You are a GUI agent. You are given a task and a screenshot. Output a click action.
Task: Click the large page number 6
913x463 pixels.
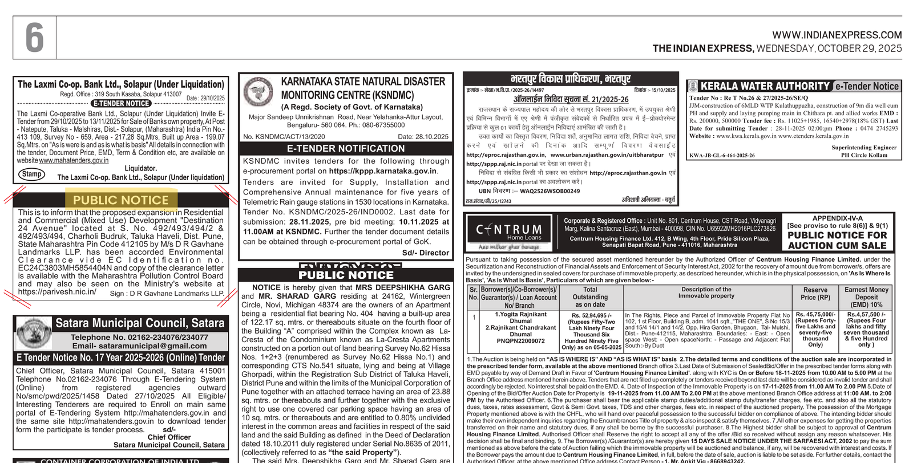pyautogui.click(x=35, y=38)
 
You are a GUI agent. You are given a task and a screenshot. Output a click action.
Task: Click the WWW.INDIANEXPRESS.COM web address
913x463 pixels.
pyautogui.click(x=837, y=35)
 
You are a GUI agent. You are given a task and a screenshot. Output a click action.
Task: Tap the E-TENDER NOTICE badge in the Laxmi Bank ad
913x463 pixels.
pyautogui.click(x=121, y=103)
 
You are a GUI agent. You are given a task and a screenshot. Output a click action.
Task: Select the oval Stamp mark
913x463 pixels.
pyautogui.click(x=32, y=174)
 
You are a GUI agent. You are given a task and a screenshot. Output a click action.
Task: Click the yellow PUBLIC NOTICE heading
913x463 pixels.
pyautogui.click(x=120, y=200)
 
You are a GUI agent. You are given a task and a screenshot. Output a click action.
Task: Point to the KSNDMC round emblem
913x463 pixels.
pyautogui.click(x=258, y=92)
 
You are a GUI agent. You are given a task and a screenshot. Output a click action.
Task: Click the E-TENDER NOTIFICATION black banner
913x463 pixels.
pyautogui.click(x=345, y=148)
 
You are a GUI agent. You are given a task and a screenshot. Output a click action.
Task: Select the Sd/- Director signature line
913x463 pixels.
pyautogui.click(x=425, y=253)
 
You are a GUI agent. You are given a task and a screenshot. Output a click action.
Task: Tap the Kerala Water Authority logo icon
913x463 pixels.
pyautogui.click(x=693, y=86)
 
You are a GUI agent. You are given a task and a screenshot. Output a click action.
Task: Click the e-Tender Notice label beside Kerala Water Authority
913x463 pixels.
pyautogui.click(x=866, y=86)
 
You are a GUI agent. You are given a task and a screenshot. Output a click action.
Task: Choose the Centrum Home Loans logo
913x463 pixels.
pyautogui.click(x=509, y=232)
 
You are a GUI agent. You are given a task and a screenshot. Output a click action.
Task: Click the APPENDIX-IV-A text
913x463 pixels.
pyautogui.click(x=837, y=218)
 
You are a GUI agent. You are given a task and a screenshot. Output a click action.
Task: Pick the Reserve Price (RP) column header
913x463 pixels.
pyautogui.click(x=815, y=294)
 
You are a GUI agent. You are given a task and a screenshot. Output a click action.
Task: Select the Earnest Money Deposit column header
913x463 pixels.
pyautogui.click(x=866, y=297)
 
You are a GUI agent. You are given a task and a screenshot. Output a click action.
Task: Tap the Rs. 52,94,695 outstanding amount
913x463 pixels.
pyautogui.click(x=591, y=315)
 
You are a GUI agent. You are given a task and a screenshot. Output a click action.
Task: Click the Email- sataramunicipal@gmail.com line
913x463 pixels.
pyautogui.click(x=139, y=346)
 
